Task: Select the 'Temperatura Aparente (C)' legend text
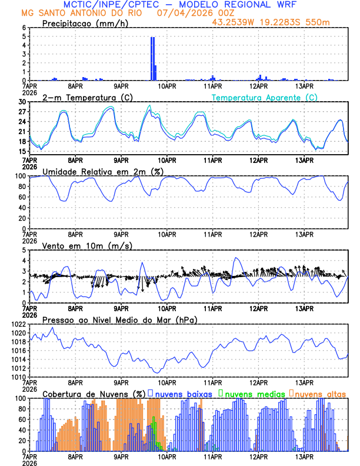(x=264, y=97)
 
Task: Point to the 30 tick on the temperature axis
(x=22, y=102)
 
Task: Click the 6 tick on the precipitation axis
(x=24, y=28)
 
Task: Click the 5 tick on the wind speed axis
(x=24, y=250)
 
